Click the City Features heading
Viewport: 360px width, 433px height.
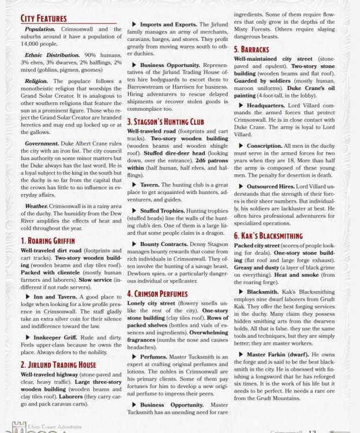(x=43, y=19)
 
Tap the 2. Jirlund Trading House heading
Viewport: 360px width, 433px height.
(x=58, y=365)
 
